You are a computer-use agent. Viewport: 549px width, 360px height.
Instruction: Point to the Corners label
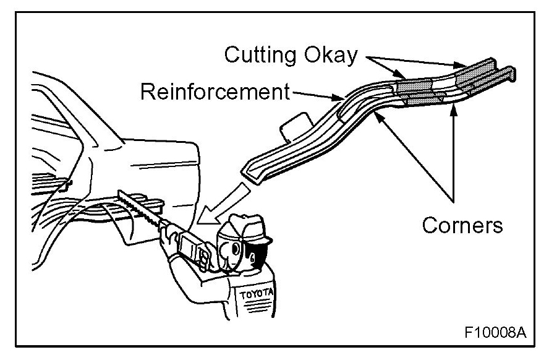tap(462, 225)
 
